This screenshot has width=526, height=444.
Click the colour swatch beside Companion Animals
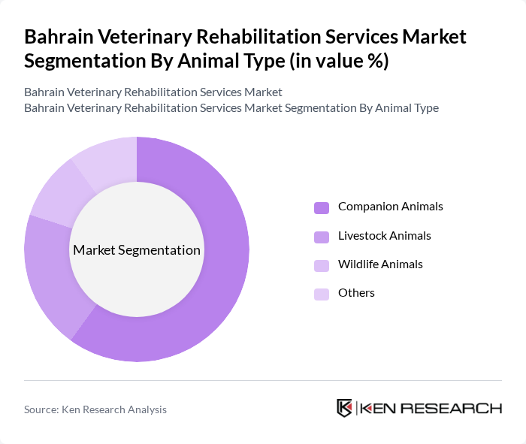(x=322, y=207)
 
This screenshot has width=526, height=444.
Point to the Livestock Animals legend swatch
(x=322, y=237)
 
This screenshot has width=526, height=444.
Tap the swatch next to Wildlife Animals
(x=322, y=265)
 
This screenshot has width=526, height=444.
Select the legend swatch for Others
(x=322, y=294)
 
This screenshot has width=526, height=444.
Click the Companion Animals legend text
(x=390, y=207)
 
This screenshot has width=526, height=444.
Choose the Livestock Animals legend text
(x=384, y=236)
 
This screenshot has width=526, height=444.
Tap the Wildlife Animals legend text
(x=380, y=264)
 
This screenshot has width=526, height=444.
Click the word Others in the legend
(x=356, y=293)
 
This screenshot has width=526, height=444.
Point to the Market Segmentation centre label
(x=137, y=250)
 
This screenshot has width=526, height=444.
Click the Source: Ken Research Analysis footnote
(x=95, y=409)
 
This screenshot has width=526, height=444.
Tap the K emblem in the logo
(x=345, y=408)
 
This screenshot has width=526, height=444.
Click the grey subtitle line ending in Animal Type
(x=231, y=108)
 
